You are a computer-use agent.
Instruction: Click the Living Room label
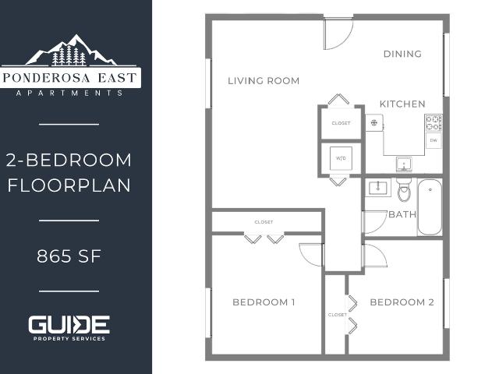point(264,81)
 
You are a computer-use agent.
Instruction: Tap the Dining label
point(402,54)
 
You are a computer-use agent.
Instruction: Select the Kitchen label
point(402,104)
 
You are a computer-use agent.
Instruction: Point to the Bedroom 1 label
point(264,302)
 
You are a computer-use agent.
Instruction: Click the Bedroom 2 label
point(402,302)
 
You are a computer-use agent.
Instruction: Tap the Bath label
point(402,214)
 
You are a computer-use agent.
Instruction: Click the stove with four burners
point(434,123)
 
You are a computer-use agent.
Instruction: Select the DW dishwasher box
point(434,140)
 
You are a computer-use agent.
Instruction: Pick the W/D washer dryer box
point(341,158)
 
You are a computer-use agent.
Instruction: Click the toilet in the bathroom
point(404,189)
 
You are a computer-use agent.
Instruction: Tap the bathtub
point(430,207)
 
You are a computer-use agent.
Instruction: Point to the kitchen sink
point(404,164)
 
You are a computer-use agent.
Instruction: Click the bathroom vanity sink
point(377,188)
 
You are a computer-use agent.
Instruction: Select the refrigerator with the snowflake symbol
point(374,122)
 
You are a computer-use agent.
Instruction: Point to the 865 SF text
point(69,256)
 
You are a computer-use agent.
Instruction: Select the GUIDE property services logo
point(69,328)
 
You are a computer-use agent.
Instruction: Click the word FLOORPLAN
point(69,185)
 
